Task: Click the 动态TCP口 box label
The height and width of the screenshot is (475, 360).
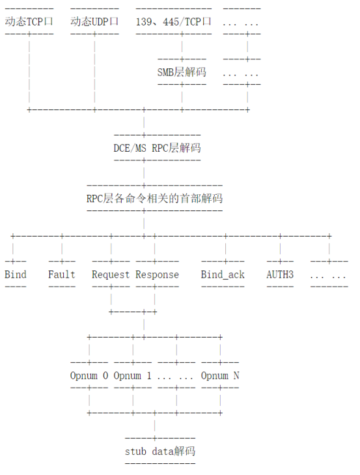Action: click(29, 22)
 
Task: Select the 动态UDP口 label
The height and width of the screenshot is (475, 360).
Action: click(94, 22)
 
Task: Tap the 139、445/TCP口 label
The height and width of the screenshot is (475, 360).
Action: click(174, 22)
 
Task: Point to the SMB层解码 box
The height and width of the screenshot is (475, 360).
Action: click(182, 72)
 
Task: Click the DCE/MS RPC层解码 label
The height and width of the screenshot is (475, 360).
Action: click(157, 148)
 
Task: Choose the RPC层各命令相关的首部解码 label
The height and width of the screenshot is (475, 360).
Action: click(154, 199)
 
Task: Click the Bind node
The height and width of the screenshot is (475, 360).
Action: click(16, 274)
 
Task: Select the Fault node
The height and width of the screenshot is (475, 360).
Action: click(62, 274)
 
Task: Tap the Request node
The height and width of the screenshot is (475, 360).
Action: click(111, 275)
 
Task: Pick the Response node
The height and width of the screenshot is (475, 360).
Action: click(157, 275)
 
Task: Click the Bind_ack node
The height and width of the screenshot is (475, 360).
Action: click(223, 275)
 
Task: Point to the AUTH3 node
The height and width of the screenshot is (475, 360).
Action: click(280, 274)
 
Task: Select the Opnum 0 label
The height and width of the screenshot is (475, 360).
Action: click(89, 376)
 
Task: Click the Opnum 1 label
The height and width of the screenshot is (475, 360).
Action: click(133, 376)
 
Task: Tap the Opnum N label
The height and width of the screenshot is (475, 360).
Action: click(220, 376)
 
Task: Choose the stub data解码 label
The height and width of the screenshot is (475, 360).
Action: click(160, 452)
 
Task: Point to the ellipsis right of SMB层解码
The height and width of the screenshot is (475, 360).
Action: click(242, 74)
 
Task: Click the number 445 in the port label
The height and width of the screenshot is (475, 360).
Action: click(171, 22)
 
